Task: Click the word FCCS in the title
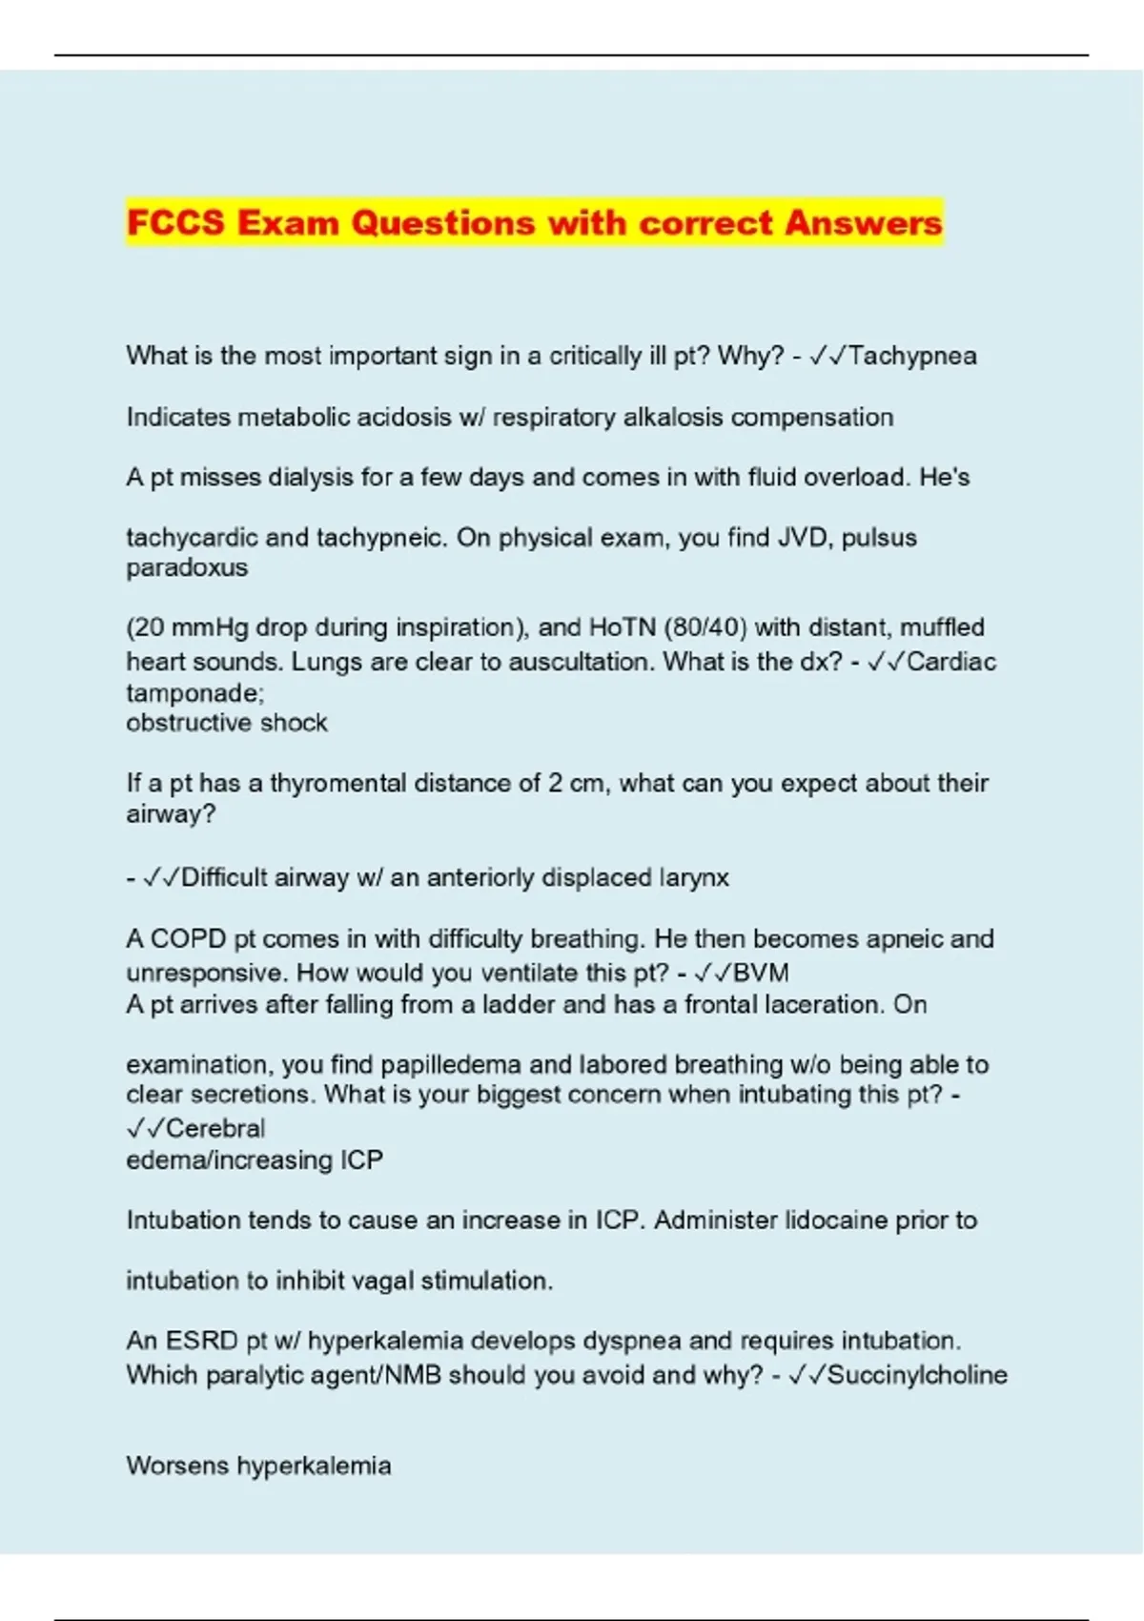click(x=175, y=223)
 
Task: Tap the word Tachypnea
click(x=912, y=357)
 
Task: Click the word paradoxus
click(x=187, y=567)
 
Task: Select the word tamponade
click(x=193, y=693)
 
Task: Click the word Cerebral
click(x=215, y=1128)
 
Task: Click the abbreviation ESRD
click(x=202, y=1341)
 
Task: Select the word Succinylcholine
click(x=917, y=1375)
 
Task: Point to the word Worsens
click(x=177, y=1466)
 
